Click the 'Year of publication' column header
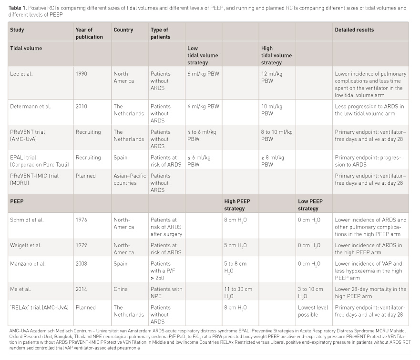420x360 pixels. (x=89, y=33)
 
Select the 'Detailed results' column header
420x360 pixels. (x=354, y=30)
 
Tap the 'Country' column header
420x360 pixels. (x=123, y=30)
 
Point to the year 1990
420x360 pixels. (x=82, y=74)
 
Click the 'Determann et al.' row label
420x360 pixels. (x=30, y=106)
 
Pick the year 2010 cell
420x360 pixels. (x=82, y=106)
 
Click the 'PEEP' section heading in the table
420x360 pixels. (x=17, y=201)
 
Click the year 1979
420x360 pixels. (x=82, y=245)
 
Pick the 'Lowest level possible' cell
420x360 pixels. (x=313, y=311)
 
